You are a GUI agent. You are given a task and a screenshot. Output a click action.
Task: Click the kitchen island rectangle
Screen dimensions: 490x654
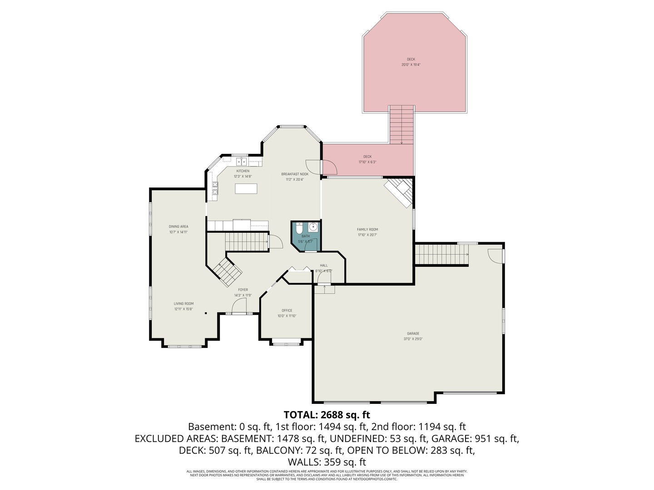pyautogui.click(x=246, y=188)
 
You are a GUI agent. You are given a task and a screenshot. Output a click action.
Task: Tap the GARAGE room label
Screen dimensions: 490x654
pyautogui.click(x=413, y=333)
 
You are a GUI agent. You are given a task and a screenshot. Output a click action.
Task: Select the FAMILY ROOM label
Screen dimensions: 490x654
pyautogui.click(x=367, y=230)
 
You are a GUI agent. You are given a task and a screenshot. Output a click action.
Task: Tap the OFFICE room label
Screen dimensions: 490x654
pyautogui.click(x=287, y=310)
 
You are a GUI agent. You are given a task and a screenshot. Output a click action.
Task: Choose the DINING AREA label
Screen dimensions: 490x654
pyautogui.click(x=178, y=226)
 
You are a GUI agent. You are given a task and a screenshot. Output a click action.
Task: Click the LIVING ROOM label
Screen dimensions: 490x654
pyautogui.click(x=183, y=304)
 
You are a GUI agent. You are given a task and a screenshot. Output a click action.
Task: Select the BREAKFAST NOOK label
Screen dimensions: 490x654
pyautogui.click(x=295, y=174)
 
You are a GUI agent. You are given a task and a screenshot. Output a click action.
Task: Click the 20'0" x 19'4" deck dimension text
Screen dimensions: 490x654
pyautogui.click(x=411, y=65)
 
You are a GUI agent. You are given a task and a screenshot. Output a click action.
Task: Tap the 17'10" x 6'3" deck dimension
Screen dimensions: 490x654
pyautogui.click(x=367, y=162)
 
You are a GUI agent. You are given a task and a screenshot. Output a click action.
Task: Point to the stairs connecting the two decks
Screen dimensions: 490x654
pyautogui.click(x=402, y=124)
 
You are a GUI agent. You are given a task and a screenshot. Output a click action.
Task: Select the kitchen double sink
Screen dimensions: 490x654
pyautogui.click(x=240, y=161)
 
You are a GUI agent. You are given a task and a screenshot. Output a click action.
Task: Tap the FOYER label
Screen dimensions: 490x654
pyautogui.click(x=243, y=290)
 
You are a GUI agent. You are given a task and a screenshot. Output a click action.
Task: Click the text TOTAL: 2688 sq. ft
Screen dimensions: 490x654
pyautogui.click(x=327, y=415)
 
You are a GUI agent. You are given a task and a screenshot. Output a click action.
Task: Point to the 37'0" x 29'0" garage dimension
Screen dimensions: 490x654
pyautogui.click(x=413, y=339)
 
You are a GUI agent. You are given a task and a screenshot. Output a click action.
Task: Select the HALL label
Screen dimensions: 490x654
pyautogui.click(x=324, y=265)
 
